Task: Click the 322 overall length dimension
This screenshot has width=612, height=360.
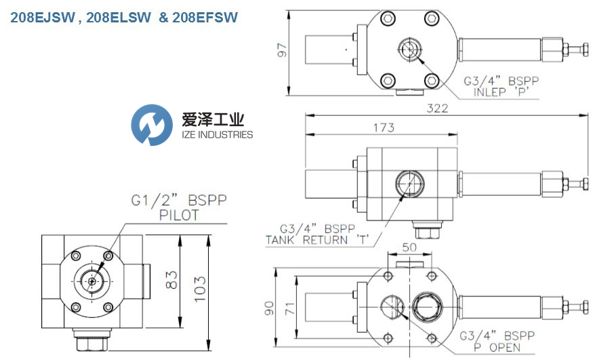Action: point(437,108)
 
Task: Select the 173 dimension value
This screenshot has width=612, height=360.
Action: point(384,127)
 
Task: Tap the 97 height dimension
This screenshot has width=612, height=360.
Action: point(282,50)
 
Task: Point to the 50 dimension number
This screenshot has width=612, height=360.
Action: point(409,247)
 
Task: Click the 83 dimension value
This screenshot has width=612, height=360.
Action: point(171,280)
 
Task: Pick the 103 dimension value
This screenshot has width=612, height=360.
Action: point(199,289)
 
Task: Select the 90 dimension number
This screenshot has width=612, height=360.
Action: point(269,308)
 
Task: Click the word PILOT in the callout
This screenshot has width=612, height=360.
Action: point(179,215)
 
